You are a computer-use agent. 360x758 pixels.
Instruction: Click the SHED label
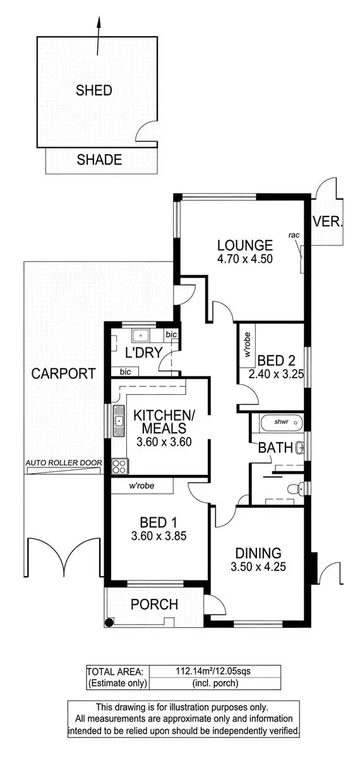click(94, 90)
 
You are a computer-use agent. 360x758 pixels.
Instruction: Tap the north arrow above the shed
click(99, 35)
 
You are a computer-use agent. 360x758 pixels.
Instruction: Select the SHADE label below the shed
click(99, 160)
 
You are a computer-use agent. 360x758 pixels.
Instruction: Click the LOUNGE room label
click(244, 245)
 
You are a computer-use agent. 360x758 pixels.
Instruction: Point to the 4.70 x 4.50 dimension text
click(244, 258)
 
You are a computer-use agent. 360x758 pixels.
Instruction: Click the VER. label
click(328, 222)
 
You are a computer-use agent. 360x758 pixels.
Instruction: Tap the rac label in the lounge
click(293, 235)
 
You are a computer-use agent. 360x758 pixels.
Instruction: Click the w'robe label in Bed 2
click(246, 343)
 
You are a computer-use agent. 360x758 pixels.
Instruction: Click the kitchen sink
click(118, 421)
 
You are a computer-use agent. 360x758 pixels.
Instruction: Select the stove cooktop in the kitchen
click(119, 466)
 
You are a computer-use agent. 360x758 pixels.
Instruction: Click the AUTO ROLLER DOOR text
click(63, 463)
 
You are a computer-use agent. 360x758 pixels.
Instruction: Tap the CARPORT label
click(63, 373)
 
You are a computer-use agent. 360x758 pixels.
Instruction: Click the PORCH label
click(154, 604)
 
